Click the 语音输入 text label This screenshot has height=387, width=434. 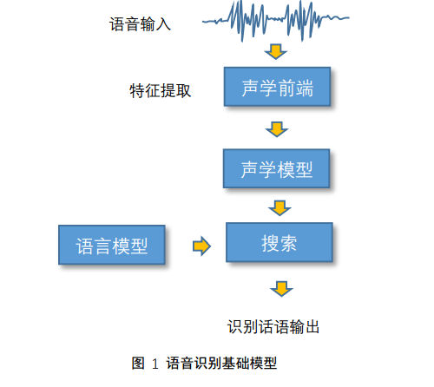tap(140, 24)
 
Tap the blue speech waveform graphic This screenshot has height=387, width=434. tap(276, 21)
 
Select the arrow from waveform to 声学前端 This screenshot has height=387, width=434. tap(276, 52)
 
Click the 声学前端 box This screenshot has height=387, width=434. tap(277, 87)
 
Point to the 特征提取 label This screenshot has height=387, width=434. tap(160, 91)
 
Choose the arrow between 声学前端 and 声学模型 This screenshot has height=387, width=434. tap(277, 129)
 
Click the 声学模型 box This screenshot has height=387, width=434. tap(276, 168)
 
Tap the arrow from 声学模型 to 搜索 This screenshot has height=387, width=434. tap(279, 208)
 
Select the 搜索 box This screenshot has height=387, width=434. tap(279, 242)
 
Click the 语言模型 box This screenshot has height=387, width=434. tap(112, 245)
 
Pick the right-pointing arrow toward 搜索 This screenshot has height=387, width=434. tap(201, 246)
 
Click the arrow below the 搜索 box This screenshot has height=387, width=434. tap(281, 289)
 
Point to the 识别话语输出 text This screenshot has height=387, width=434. tap(273, 327)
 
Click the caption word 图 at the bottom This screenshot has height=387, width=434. tap(138, 363)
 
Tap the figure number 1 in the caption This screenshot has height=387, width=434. tap(155, 364)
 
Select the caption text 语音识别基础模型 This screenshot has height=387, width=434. tap(221, 363)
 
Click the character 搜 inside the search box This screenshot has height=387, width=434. tap(270, 243)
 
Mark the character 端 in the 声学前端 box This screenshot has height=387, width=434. tap(305, 89)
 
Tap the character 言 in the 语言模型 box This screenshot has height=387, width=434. tap(102, 246)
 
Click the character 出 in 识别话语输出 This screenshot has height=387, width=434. tap(312, 327)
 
